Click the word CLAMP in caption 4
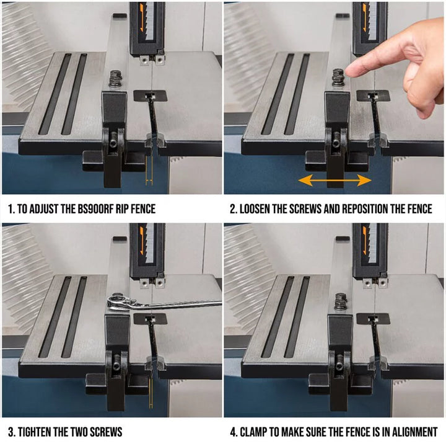pyautogui.click(x=252, y=432)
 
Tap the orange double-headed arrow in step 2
pyautogui.click(x=334, y=181)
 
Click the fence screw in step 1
pyautogui.click(x=115, y=78)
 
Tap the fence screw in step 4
pyautogui.click(x=341, y=301)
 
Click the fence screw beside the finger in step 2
pyautogui.click(x=338, y=78)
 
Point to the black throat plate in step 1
pyautogui.click(x=150, y=96)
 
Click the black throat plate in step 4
pyautogui.click(x=373, y=318)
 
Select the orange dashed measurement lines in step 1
pyautogui.click(x=149, y=171)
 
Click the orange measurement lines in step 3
pyautogui.click(x=151, y=393)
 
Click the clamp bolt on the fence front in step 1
pyautogui.click(x=113, y=143)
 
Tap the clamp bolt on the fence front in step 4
pyautogui.click(x=339, y=367)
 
